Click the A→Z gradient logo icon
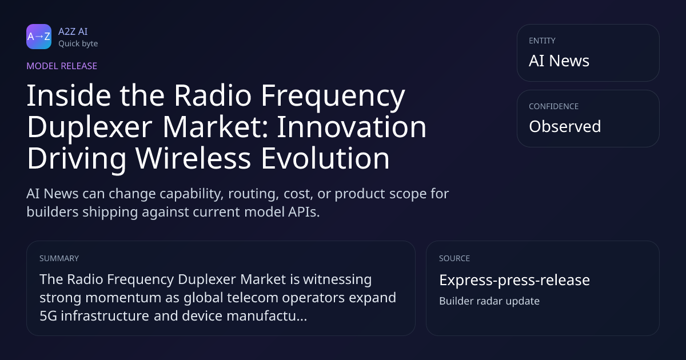(x=39, y=37)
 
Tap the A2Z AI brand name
(x=73, y=31)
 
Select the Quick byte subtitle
(x=78, y=44)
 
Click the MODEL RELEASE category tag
(x=62, y=66)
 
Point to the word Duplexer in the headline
(x=89, y=127)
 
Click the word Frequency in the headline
(x=333, y=97)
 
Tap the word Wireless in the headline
(x=193, y=158)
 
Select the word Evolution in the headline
(x=325, y=158)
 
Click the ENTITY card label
(x=542, y=41)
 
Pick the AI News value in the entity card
(x=559, y=61)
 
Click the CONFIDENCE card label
(x=554, y=106)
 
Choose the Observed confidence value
(x=565, y=126)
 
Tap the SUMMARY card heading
(x=59, y=258)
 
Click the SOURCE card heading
(x=454, y=258)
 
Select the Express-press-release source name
(x=514, y=280)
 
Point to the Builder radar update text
(x=489, y=301)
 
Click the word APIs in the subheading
(x=304, y=212)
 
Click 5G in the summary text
(x=49, y=315)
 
